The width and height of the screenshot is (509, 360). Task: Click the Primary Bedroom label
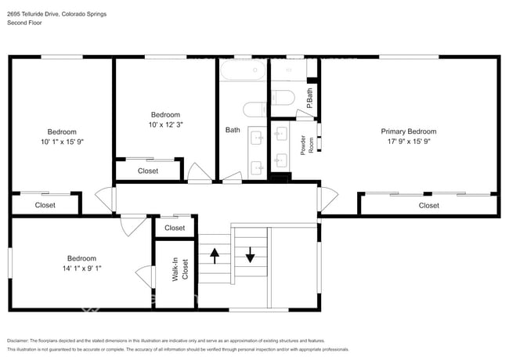tap(408, 131)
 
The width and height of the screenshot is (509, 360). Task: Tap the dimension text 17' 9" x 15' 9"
tap(409, 141)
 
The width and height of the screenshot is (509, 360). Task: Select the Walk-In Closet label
tap(180, 269)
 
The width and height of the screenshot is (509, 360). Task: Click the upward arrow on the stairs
tap(215, 256)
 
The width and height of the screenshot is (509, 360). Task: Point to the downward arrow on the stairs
tap(250, 255)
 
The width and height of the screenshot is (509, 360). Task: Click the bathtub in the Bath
tap(243, 70)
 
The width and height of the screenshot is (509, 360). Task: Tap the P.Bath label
tap(309, 99)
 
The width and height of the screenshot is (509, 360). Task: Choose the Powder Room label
tap(307, 145)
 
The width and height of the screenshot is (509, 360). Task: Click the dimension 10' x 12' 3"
tap(166, 124)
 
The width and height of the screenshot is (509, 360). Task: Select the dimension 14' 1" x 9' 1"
tap(81, 268)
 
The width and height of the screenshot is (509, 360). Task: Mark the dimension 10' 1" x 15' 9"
tap(63, 142)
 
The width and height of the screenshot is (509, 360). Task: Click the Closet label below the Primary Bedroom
tap(429, 205)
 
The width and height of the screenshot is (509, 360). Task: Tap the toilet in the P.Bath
tap(283, 98)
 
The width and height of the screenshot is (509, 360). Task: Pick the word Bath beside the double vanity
tap(233, 130)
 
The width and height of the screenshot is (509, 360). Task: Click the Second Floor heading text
tap(24, 23)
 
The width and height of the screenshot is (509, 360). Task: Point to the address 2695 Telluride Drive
tap(33, 14)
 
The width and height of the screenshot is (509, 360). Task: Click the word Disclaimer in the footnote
tap(18, 340)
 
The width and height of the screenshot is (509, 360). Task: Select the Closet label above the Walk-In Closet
tap(175, 228)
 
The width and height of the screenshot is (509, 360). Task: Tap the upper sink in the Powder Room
tap(280, 133)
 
